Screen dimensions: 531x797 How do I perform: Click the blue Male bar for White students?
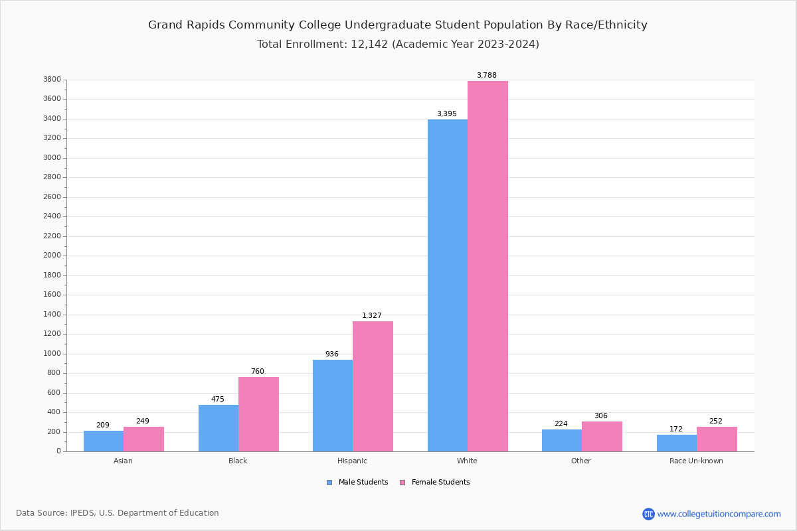tap(448, 285)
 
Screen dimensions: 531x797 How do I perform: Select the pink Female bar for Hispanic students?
tap(373, 386)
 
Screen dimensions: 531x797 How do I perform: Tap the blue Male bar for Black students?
tap(219, 428)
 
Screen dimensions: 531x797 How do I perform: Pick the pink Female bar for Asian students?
tap(143, 439)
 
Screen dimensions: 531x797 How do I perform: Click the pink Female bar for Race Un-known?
tap(717, 439)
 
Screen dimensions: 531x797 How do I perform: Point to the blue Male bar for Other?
tap(562, 441)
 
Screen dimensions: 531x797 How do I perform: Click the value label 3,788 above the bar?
tap(486, 75)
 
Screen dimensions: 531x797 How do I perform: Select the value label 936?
tap(332, 354)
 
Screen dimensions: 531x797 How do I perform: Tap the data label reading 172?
tap(675, 429)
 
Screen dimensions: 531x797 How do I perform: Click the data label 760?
tap(257, 371)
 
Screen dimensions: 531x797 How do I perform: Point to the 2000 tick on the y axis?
tap(52, 256)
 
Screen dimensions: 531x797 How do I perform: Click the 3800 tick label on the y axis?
tap(52, 80)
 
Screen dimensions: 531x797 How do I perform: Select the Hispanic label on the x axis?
tap(352, 461)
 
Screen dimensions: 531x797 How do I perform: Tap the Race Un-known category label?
tap(696, 461)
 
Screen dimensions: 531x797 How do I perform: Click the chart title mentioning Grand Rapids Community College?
tap(397, 25)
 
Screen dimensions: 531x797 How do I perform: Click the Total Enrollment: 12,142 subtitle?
tap(397, 44)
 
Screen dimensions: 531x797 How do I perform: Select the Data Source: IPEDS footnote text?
tap(118, 513)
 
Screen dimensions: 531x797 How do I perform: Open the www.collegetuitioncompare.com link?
tap(719, 514)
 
